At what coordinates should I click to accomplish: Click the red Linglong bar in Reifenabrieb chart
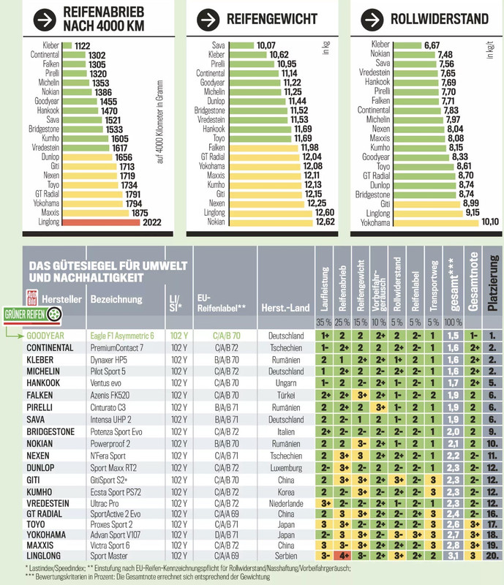tap(101, 222)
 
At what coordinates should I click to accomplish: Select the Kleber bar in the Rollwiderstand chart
tap(407, 45)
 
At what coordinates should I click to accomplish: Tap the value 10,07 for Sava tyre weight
tap(266, 45)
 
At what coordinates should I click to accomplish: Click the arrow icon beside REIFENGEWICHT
tap(208, 20)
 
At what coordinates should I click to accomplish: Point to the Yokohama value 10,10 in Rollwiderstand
tap(490, 222)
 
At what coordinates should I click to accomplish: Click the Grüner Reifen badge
tap(32, 314)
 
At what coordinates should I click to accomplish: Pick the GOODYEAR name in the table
tap(45, 336)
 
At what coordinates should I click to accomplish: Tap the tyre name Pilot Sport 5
tap(108, 371)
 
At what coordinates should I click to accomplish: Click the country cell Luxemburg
tap(286, 468)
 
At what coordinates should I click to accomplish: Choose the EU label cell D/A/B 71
tap(226, 535)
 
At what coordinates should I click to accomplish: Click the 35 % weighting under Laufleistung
tap(323, 322)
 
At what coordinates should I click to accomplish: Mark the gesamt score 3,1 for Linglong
tap(454, 556)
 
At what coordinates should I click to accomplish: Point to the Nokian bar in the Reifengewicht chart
tap(271, 223)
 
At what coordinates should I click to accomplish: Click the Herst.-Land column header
tap(285, 308)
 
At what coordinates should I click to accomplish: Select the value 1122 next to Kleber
tap(82, 46)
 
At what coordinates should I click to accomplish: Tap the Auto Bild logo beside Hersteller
tap(31, 298)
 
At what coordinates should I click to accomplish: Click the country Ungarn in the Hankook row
tap(286, 383)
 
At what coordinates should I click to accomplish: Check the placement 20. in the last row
tap(492, 556)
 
